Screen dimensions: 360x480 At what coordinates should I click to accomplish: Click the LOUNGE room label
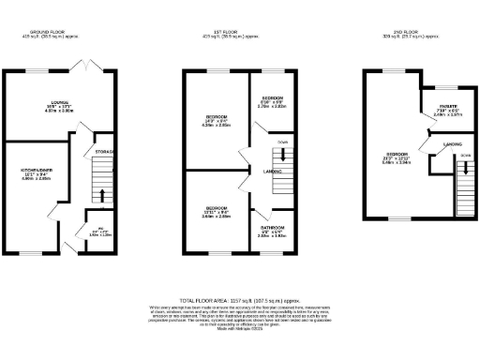pyautogui.click(x=64, y=103)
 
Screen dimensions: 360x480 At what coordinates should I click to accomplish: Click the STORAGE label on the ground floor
pyautogui.click(x=105, y=151)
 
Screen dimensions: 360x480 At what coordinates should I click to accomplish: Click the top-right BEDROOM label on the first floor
pyautogui.click(x=273, y=97)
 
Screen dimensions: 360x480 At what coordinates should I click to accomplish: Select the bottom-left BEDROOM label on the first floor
pyautogui.click(x=217, y=207)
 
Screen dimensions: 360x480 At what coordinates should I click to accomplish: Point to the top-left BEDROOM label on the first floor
pyautogui.click(x=217, y=117)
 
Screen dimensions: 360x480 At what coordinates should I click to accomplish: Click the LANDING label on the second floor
pyautogui.click(x=439, y=145)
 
